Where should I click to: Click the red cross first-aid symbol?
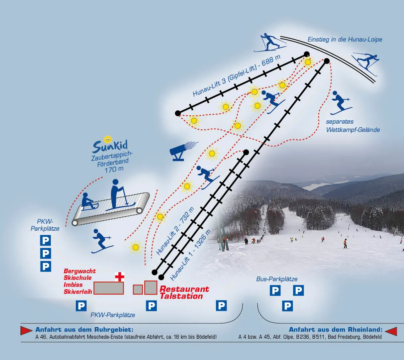coord(120,277)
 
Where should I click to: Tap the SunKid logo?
coord(110,145)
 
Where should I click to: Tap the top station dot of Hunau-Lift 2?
coord(246,152)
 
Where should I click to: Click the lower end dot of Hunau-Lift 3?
coord(178,113)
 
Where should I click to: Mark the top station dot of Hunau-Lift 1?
coord(327,61)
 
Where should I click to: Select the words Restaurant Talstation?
coord(184,293)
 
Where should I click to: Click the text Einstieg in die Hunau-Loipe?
coord(345,40)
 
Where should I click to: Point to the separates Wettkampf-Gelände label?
coord(353,126)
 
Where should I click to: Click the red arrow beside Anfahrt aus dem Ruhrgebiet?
coord(27,330)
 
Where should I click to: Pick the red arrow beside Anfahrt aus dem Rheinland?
coord(391,331)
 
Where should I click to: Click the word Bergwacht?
coord(80,271)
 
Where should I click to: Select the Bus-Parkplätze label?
coord(277,279)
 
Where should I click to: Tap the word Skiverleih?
coord(78,292)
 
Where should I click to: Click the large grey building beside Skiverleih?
coord(109,288)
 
